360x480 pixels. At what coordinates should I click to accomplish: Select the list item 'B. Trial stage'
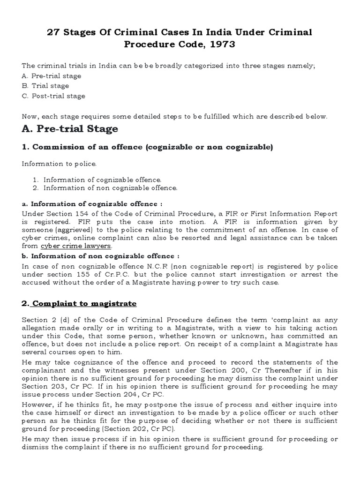[45, 86]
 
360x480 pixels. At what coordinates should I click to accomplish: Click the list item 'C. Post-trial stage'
[53, 96]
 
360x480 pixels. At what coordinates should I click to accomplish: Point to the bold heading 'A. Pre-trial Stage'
[70, 128]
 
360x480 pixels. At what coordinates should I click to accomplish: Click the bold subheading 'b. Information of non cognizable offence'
[100, 256]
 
